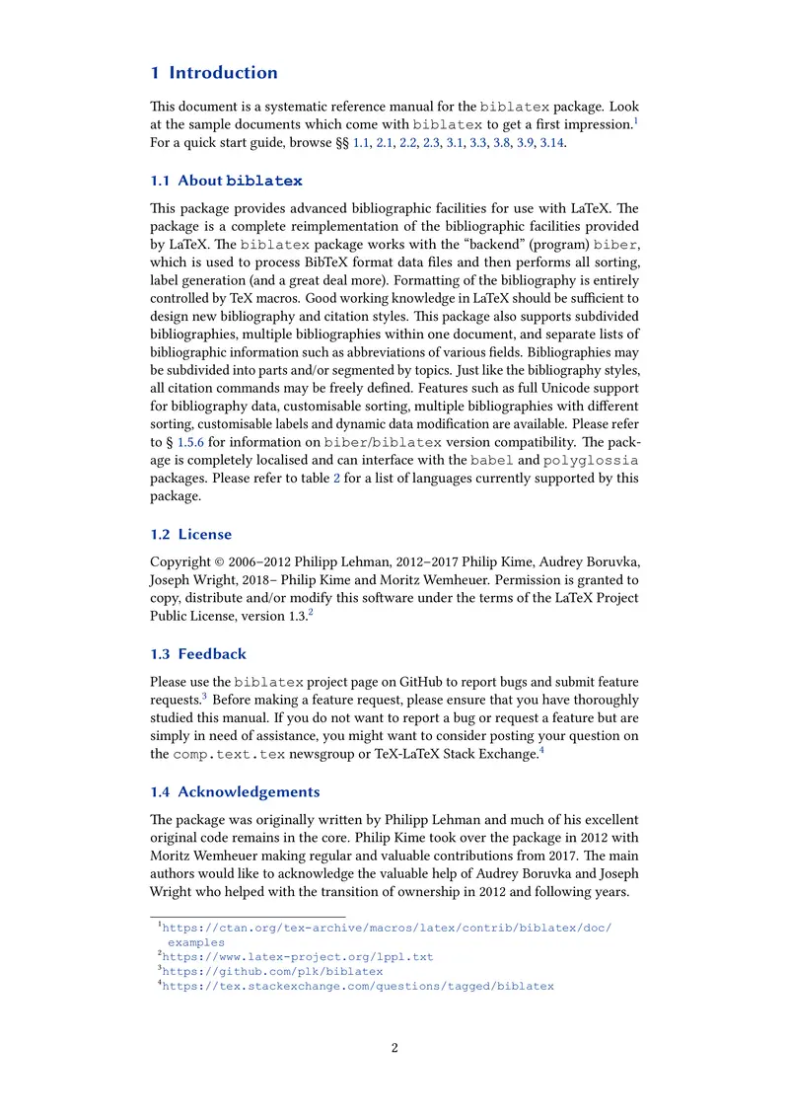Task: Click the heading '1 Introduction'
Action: point(214,72)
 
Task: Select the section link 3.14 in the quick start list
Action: point(552,143)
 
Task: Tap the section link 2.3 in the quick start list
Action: point(430,143)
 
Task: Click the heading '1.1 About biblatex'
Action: point(226,181)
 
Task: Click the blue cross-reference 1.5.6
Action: point(192,443)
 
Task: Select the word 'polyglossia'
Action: point(591,461)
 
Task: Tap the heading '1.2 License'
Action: point(191,534)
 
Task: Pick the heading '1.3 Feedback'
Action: point(198,653)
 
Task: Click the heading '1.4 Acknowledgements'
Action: point(235,791)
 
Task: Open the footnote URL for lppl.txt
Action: point(297,956)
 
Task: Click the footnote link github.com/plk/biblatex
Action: point(272,971)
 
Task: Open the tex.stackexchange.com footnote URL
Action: point(357,986)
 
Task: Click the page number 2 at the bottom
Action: point(394,1048)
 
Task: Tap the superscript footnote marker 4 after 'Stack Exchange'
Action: point(541,750)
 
